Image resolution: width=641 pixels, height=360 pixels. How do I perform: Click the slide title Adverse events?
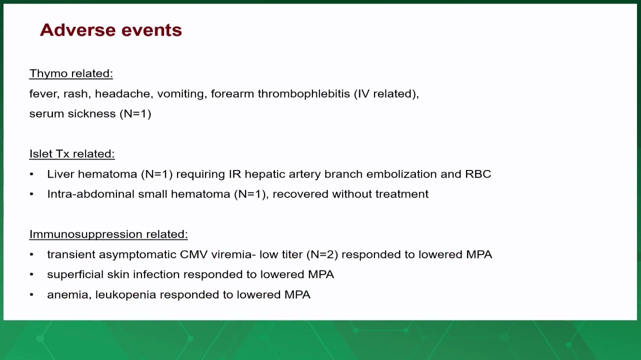[x=111, y=30]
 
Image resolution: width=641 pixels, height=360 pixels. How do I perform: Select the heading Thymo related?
[x=71, y=73]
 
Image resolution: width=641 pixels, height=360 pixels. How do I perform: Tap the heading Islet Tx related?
[x=72, y=154]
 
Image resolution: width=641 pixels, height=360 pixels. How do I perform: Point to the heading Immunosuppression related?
[x=108, y=234]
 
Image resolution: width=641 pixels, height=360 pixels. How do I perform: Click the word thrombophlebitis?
[x=304, y=94]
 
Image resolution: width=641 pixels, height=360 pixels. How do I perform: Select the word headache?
[x=122, y=94]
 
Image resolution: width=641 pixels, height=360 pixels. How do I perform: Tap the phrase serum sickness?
[x=72, y=114]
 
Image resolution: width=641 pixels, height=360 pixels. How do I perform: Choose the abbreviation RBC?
[x=478, y=174]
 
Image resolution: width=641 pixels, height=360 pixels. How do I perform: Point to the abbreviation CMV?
[x=193, y=254]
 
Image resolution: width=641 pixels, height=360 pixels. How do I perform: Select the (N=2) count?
[x=322, y=254]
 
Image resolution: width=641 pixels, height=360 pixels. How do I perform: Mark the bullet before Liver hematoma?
[x=31, y=174]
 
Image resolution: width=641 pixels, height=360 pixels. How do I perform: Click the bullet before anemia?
[x=31, y=295]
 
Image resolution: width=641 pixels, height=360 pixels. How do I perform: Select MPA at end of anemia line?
[x=297, y=295]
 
